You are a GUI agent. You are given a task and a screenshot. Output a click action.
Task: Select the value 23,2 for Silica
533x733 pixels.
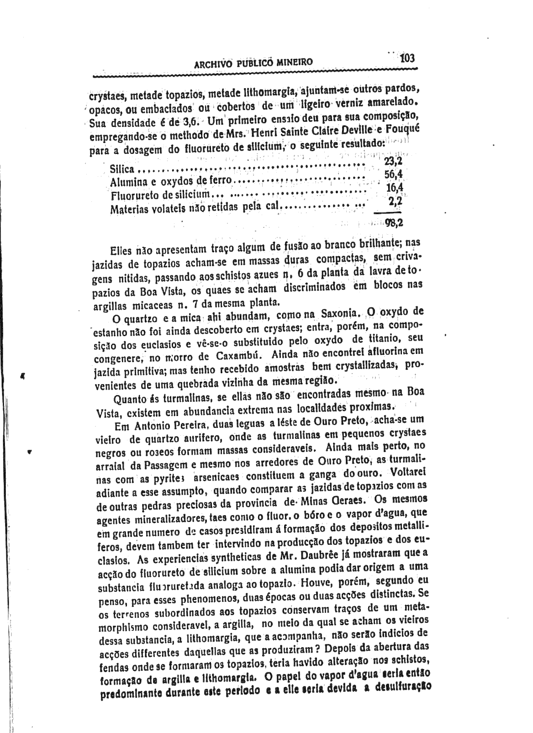pos(392,161)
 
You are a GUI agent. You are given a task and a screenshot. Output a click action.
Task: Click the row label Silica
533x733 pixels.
pos(122,170)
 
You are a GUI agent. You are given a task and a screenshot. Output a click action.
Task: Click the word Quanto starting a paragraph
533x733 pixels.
pos(129,401)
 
